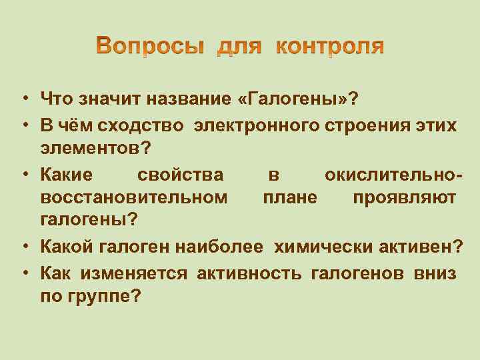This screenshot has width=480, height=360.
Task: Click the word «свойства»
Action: click(x=180, y=175)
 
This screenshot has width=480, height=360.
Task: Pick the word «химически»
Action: click(x=319, y=248)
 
